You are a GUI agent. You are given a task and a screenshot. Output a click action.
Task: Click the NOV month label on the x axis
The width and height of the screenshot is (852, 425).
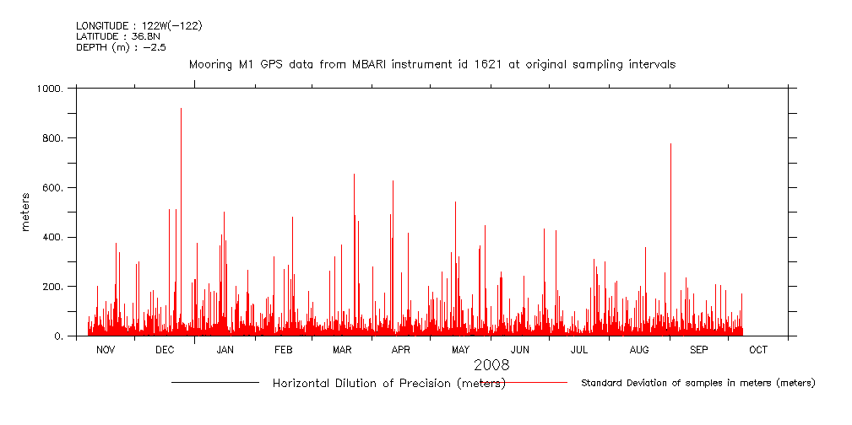tap(106, 349)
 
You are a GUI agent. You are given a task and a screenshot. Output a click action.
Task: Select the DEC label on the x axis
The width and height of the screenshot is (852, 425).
tap(165, 349)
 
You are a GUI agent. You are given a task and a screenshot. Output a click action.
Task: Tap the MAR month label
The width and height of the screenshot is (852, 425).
tap(342, 349)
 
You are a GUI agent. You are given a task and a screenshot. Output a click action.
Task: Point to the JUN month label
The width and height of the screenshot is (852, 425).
tap(520, 349)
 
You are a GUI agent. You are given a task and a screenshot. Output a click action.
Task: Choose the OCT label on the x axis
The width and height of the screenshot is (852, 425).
tap(758, 349)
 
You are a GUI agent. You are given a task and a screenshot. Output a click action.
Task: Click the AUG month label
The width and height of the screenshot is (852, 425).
tap(639, 349)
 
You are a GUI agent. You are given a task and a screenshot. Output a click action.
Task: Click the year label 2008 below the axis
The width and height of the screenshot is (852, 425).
tap(491, 365)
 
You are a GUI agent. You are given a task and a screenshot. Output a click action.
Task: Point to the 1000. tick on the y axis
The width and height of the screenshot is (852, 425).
tap(50, 89)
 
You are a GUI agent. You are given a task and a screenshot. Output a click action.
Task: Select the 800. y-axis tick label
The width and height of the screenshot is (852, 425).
tap(53, 138)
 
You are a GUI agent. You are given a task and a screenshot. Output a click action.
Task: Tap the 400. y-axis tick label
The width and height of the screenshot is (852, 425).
tap(53, 238)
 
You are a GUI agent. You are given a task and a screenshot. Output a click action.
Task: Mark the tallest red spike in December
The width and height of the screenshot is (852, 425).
tap(181, 110)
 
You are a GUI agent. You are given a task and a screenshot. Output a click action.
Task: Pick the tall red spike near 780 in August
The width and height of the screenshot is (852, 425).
tap(670, 145)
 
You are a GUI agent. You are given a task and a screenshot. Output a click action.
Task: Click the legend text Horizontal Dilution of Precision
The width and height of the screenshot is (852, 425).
tap(388, 384)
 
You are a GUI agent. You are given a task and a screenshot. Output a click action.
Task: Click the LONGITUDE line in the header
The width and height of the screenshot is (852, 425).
tap(139, 26)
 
